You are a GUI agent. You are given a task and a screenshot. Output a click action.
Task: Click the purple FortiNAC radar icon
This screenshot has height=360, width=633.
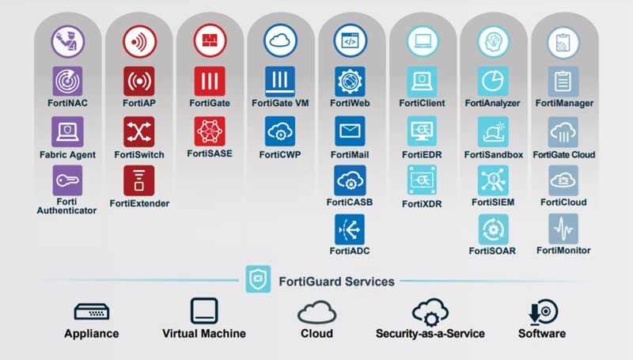[x=67, y=81]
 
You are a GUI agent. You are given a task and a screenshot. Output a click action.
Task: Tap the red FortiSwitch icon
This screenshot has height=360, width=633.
[x=139, y=131]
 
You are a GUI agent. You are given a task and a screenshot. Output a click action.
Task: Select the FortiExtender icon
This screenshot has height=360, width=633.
[x=139, y=180]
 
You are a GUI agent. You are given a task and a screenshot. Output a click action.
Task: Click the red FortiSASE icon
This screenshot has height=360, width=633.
[x=210, y=131]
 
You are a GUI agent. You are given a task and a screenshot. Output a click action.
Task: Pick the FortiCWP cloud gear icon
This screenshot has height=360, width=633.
[x=280, y=131]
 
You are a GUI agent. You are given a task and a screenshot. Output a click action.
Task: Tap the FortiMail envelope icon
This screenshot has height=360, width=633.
[x=350, y=131]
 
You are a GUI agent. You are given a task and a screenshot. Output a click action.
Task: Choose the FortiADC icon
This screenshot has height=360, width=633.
[x=350, y=229]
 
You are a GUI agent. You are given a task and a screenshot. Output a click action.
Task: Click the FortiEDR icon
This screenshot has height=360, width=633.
[x=422, y=131]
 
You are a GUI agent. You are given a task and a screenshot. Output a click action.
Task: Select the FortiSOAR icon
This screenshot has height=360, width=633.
[x=493, y=229]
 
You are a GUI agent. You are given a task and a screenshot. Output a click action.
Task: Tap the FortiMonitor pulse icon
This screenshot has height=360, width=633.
[x=563, y=229]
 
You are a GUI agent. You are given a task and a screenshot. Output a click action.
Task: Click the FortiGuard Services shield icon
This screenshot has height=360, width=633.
[x=258, y=279]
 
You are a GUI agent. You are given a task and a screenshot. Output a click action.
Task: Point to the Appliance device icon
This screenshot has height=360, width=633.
[x=92, y=312]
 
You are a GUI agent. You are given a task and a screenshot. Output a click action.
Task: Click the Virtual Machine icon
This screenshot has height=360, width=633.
[x=204, y=311]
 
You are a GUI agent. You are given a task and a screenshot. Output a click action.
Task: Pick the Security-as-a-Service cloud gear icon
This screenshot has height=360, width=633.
[x=430, y=312]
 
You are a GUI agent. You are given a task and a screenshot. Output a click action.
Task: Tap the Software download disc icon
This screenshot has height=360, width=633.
[x=543, y=312]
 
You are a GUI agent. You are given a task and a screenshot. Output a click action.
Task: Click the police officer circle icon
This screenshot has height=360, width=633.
[x=68, y=41]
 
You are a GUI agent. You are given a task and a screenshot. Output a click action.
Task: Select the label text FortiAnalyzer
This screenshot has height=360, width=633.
[x=492, y=104]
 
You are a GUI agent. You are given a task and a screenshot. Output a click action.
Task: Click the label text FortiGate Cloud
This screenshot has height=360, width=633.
[x=564, y=154]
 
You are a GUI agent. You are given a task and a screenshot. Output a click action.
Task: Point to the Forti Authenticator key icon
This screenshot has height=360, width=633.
[x=67, y=180]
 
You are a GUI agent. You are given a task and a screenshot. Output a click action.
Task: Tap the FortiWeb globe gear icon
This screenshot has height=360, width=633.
[x=350, y=81]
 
